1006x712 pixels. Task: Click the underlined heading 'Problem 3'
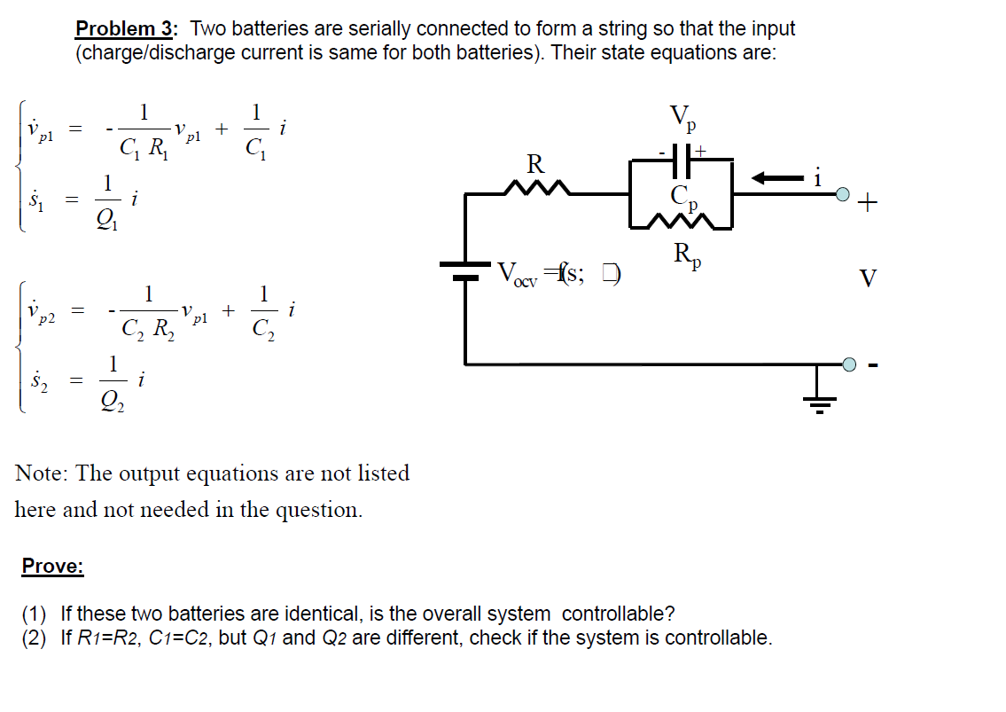(127, 28)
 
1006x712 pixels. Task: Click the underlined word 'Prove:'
(52, 567)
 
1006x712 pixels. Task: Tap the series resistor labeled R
(535, 187)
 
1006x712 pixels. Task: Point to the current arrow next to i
(776, 178)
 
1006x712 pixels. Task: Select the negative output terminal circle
(850, 364)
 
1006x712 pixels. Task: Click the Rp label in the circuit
(688, 255)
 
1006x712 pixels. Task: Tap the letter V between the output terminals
(869, 279)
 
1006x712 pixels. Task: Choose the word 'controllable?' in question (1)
(618, 614)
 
